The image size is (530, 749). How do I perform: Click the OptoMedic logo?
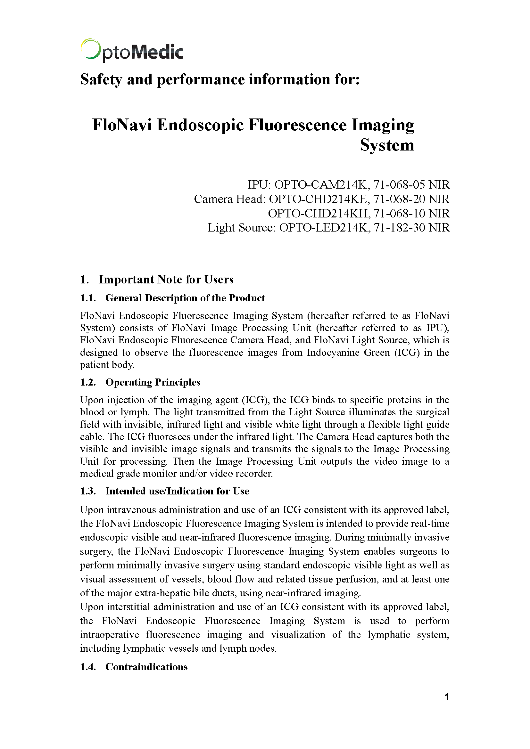pyautogui.click(x=132, y=51)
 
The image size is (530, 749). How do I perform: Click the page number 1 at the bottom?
pyautogui.click(x=447, y=696)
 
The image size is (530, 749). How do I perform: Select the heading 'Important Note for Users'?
pyautogui.click(x=166, y=280)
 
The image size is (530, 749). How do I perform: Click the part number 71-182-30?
pyautogui.click(x=399, y=227)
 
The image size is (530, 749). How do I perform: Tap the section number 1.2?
pyautogui.click(x=88, y=382)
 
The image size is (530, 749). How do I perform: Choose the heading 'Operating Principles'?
pyautogui.click(x=153, y=382)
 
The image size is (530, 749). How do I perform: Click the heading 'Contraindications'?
pyautogui.click(x=146, y=667)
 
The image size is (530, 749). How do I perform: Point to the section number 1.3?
pyautogui.click(x=88, y=491)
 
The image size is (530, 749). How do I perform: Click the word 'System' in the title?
pyautogui.click(x=387, y=145)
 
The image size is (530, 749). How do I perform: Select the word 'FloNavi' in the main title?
pyautogui.click(x=122, y=125)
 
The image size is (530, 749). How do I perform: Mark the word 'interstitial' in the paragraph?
pyautogui.click(x=128, y=607)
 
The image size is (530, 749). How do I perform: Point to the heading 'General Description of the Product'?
pyautogui.click(x=185, y=298)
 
